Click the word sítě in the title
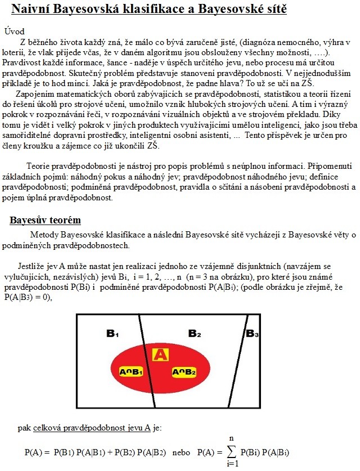270,9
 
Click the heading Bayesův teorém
45,219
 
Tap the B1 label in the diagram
112,333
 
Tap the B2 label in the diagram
195,333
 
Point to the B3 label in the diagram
252,333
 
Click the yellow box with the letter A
160,354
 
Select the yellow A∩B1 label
132,373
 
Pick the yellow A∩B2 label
184,373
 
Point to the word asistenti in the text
212,135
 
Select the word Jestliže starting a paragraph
33,264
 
